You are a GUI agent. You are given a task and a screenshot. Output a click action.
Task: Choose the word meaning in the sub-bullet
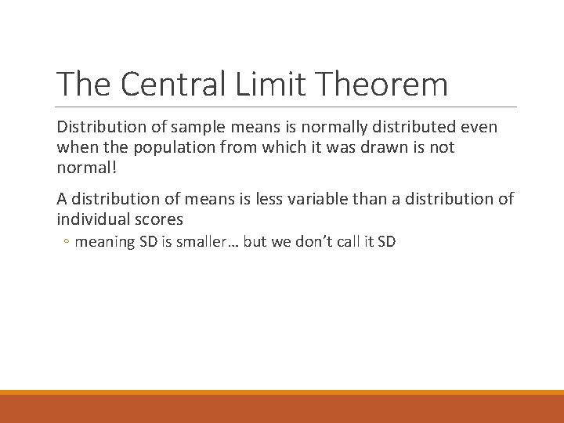pos(104,241)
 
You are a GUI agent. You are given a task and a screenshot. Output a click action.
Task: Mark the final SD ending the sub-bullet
pos(386,241)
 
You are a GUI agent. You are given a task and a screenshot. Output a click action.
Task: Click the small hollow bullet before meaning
pos(67,242)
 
